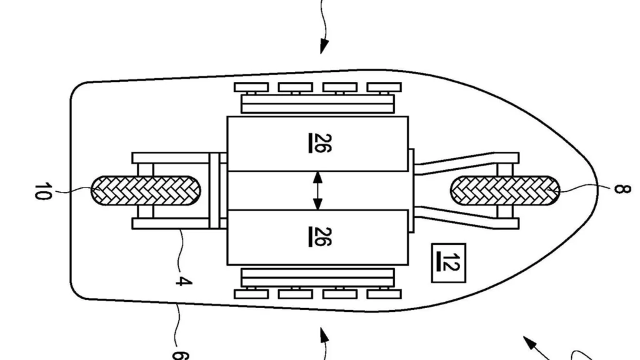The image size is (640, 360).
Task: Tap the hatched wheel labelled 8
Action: [503, 189]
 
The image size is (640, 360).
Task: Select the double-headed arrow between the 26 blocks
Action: [317, 190]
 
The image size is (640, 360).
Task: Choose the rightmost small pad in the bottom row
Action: [383, 293]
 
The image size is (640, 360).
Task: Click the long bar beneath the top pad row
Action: [318, 102]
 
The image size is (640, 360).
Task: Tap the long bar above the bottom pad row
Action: [318, 277]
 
